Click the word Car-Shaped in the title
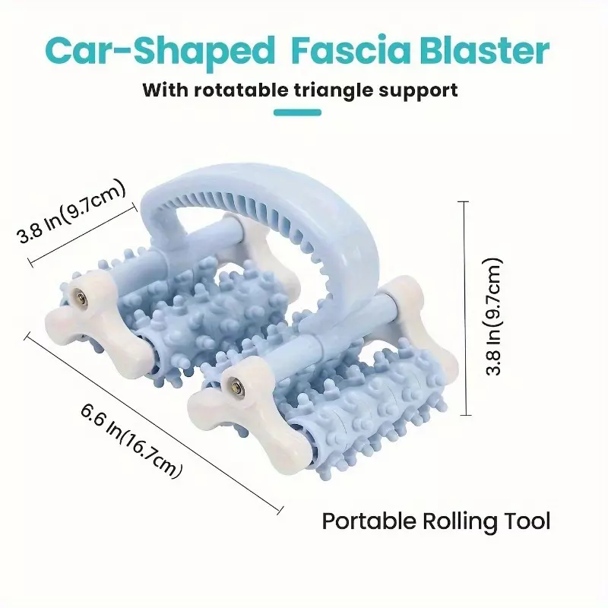(160, 51)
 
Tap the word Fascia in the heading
(350, 50)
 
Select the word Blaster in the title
(485, 50)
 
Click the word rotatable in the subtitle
(241, 90)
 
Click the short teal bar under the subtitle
(297, 112)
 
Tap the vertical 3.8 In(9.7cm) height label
(493, 317)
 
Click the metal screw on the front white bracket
(235, 386)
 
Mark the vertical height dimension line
(465, 309)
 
